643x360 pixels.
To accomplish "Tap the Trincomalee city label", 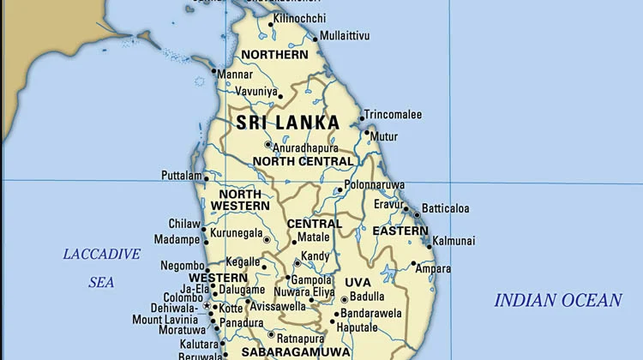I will (393, 114).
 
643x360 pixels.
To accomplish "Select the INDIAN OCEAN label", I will (557, 300).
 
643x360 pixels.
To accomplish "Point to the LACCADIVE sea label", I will (101, 254).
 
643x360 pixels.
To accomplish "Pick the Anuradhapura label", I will (306, 147).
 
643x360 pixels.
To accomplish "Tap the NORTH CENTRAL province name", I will (291, 161).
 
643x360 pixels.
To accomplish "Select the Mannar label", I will (235, 75).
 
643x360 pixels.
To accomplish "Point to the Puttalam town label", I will (181, 176).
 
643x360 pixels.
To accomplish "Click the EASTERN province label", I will (400, 231).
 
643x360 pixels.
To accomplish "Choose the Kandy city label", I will (315, 256).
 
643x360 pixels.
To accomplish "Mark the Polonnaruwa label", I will (374, 185).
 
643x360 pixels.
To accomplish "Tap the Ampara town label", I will (433, 269).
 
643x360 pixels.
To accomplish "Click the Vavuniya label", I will (257, 91).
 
